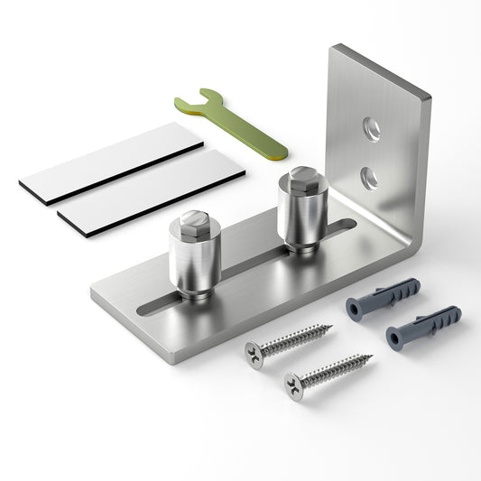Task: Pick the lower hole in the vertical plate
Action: point(368,177)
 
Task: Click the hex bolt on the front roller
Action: point(195,223)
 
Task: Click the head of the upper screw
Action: point(254,354)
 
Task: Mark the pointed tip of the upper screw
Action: point(331,326)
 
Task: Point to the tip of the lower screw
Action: point(372,356)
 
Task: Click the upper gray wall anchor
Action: point(384,297)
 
